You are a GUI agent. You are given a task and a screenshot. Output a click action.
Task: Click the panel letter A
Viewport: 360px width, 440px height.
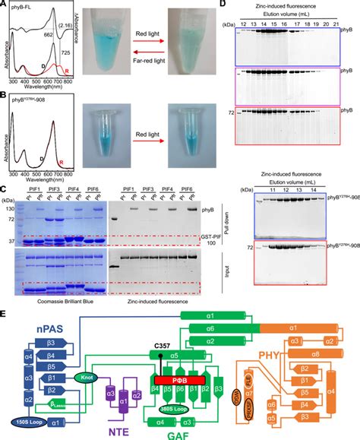coord(5,5)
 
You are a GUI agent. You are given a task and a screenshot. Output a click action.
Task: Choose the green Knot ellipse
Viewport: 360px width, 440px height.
coord(84,374)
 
